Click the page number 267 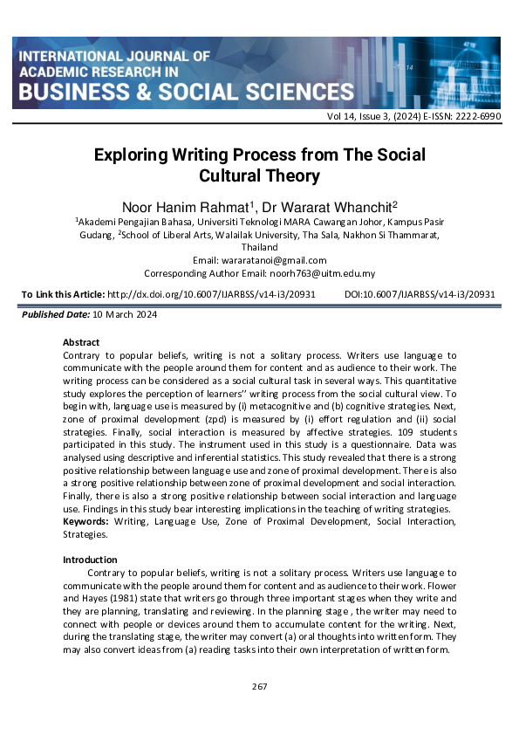pos(259,687)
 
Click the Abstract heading pos(81,342)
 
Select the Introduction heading pos(90,560)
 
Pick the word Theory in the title pos(290,176)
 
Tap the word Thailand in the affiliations pos(260,247)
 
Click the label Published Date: pos(50,313)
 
